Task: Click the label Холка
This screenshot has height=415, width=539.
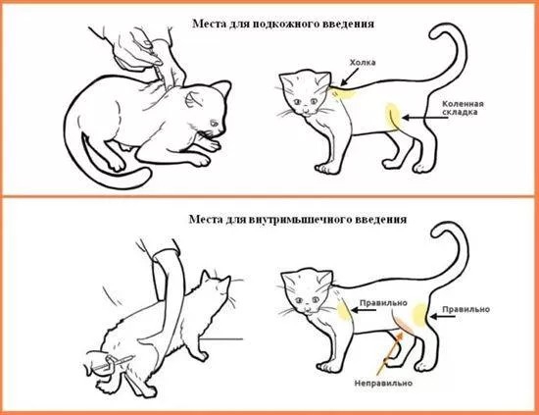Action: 363,63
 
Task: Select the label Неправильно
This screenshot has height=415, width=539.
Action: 383,383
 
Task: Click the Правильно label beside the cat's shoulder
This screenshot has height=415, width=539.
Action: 383,303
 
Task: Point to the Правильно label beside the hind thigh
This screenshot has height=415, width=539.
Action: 465,309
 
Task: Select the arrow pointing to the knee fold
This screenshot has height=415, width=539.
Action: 425,118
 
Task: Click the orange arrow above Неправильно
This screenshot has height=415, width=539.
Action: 389,353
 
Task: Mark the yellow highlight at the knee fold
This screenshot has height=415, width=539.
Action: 393,117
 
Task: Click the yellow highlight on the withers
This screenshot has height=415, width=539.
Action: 344,92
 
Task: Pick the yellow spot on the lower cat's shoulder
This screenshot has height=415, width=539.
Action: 343,311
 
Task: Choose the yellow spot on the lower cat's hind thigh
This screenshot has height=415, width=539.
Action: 418,315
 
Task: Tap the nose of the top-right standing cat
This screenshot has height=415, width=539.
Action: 305,107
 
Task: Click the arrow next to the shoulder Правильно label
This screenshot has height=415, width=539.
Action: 365,310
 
